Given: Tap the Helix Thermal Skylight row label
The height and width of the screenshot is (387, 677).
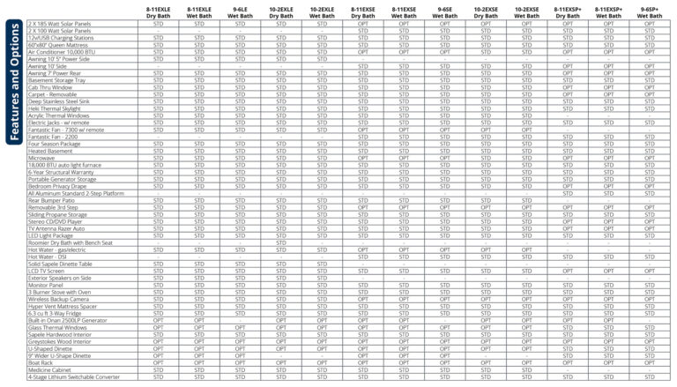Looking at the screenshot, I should pyautogui.click(x=58, y=108).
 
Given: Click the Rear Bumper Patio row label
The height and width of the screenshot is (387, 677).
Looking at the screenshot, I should pyautogui.click(x=52, y=201).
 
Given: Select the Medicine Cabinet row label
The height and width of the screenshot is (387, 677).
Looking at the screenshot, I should pyautogui.click(x=52, y=369).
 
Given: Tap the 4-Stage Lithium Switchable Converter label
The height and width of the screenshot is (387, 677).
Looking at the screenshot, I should pyautogui.click(x=74, y=377).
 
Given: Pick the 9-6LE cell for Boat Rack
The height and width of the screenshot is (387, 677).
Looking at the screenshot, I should pyautogui.click(x=240, y=362).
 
